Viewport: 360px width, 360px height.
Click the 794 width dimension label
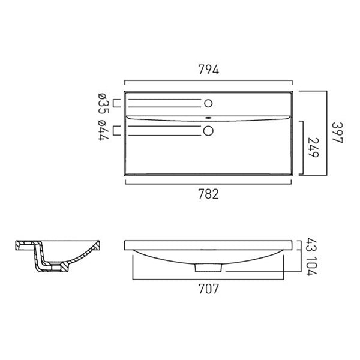[208, 70]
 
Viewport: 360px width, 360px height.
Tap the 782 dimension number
[208, 194]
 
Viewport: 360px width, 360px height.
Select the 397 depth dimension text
[337, 133]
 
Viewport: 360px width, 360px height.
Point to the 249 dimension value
[313, 148]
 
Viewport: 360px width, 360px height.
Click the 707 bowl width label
[208, 289]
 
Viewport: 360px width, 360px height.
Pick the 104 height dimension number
[312, 266]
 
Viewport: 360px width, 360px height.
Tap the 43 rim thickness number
[312, 245]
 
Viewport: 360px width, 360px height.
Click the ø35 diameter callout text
[103, 104]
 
